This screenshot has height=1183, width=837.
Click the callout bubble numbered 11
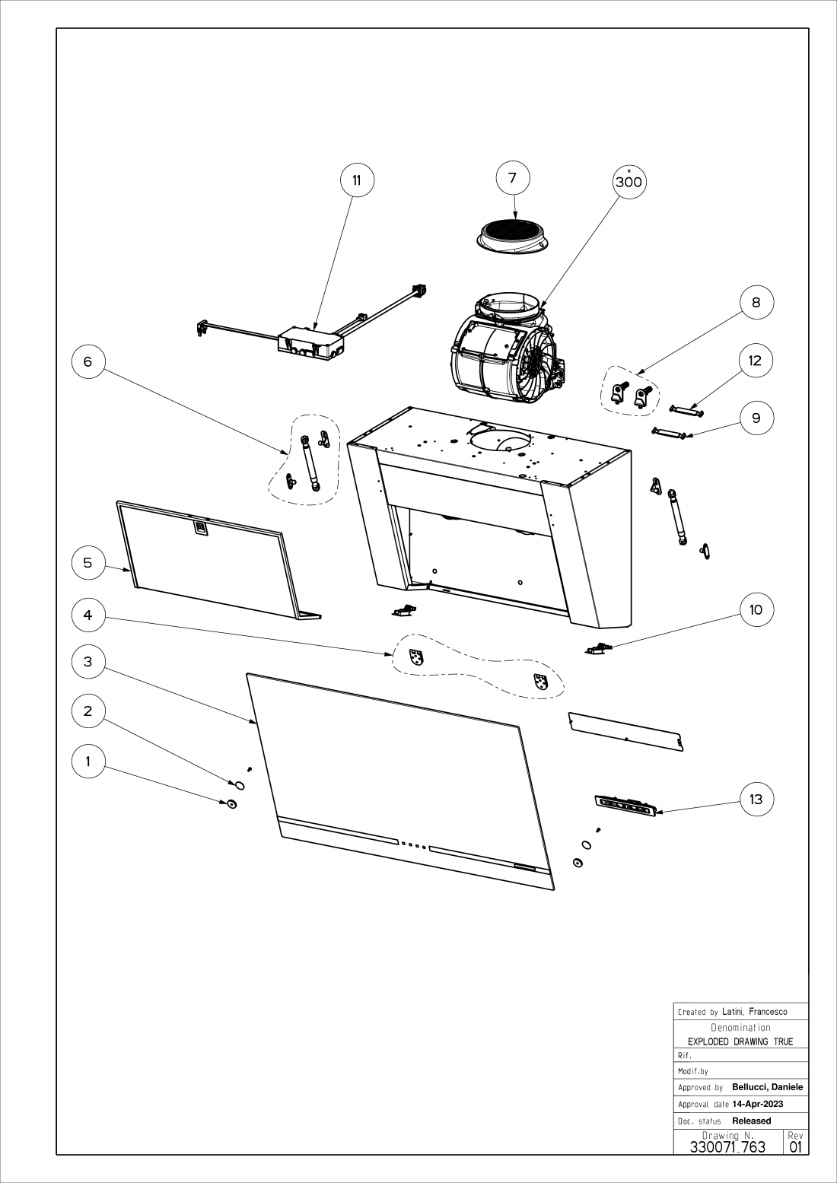(356, 180)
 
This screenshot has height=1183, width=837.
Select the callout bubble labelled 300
(629, 181)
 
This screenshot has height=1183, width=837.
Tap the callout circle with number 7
(512, 178)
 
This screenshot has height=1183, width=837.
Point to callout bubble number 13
(756, 799)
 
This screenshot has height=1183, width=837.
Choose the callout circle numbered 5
(88, 562)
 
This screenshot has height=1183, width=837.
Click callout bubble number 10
(756, 609)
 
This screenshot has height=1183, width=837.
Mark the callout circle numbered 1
(88, 762)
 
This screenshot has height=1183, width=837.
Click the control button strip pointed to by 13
(625, 806)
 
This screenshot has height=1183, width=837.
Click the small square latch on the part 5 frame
(200, 526)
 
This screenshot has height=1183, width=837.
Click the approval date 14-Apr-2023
(757, 1104)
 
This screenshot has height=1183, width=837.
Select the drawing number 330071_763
(727, 1146)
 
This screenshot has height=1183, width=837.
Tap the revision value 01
(796, 1146)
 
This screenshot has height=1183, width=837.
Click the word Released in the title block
(751, 1121)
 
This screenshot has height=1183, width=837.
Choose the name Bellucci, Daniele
(767, 1087)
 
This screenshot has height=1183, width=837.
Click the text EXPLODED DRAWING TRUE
(740, 1041)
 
